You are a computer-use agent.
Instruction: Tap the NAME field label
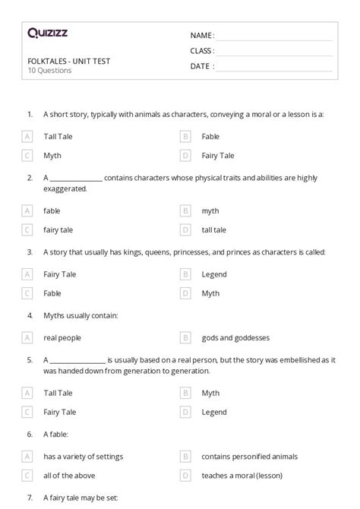click(202, 35)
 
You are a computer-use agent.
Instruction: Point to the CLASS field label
click(202, 51)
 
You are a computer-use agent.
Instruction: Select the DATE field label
click(201, 66)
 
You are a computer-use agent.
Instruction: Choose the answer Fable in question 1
click(210, 137)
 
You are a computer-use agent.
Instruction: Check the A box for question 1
click(27, 137)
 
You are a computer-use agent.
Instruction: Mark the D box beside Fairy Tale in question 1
click(185, 156)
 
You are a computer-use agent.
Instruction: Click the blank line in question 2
click(77, 178)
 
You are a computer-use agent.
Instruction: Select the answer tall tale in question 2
click(213, 229)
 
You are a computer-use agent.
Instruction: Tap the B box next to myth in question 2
click(185, 210)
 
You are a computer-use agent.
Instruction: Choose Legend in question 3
click(214, 274)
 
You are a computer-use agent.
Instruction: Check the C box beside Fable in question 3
click(27, 293)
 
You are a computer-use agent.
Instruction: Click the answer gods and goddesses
click(235, 337)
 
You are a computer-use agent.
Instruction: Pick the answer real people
click(62, 337)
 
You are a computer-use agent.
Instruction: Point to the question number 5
click(30, 360)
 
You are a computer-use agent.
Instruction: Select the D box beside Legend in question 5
click(185, 412)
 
